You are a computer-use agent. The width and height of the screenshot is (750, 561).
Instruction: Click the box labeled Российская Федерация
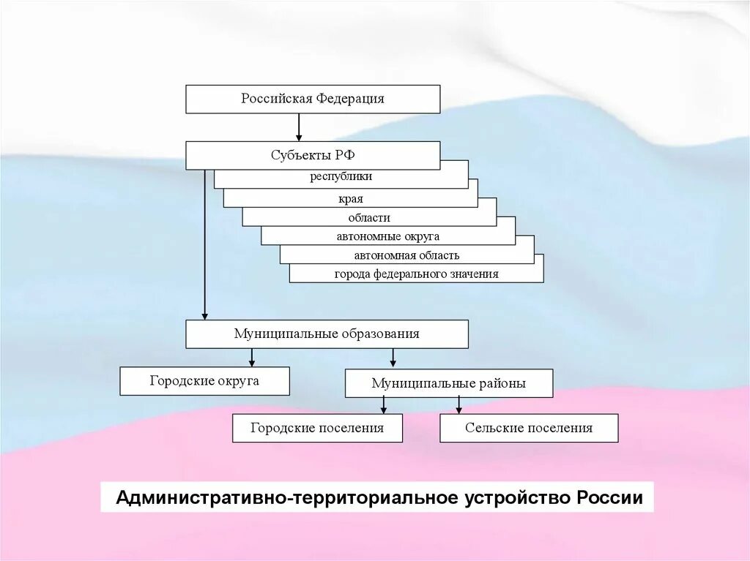coord(313,99)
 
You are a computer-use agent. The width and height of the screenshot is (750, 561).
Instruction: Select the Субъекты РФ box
coord(313,155)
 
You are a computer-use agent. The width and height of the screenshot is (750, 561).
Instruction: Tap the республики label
coord(341,176)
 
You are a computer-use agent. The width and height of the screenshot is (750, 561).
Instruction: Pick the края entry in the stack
coord(351,198)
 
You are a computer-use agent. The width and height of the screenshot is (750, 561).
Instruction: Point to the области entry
coord(369,217)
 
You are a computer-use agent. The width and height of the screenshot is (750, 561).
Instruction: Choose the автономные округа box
coord(388,236)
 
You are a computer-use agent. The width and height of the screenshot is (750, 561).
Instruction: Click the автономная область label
coord(406,255)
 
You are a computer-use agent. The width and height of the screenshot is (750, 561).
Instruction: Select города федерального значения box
coord(416,274)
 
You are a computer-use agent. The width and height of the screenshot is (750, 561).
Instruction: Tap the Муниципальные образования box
coord(327,334)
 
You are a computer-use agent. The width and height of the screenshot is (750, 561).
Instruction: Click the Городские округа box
coord(204,381)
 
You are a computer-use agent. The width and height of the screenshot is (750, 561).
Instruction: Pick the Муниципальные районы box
coord(448,383)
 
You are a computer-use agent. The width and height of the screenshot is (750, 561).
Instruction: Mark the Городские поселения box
coord(317,428)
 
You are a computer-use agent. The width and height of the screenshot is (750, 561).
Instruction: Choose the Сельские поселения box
coord(529,428)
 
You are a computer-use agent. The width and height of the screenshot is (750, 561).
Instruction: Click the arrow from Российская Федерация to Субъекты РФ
coord(299,127)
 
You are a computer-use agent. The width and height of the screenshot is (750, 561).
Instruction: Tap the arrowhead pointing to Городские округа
coord(252,361)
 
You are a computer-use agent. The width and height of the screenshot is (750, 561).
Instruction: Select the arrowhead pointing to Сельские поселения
coord(459,410)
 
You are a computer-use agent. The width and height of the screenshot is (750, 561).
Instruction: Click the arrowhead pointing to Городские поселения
coord(383,410)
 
